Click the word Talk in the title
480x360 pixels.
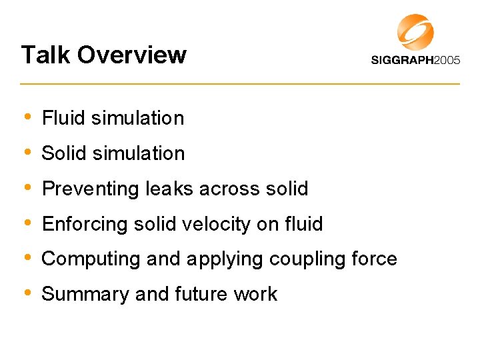(44, 55)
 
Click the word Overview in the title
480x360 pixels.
(131, 55)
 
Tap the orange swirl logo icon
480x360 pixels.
(415, 31)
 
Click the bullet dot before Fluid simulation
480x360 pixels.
(27, 117)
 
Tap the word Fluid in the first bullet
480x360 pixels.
(64, 118)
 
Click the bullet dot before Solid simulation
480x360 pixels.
(27, 152)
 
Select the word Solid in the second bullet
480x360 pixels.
(65, 153)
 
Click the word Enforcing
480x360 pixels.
(85, 225)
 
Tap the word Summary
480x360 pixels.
(85, 295)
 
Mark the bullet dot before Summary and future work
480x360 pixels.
(27, 293)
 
